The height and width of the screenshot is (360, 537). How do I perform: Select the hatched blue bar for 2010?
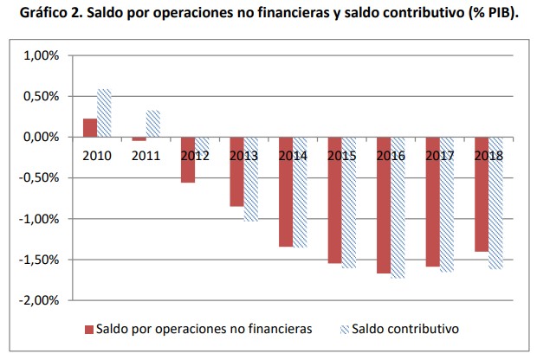104,113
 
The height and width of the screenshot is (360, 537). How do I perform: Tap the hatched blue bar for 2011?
152,124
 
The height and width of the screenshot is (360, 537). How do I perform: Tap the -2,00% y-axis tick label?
38,300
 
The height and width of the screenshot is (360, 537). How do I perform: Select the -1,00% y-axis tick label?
38,219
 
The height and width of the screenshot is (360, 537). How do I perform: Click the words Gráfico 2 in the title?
42,15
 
